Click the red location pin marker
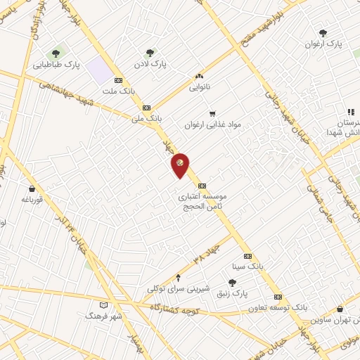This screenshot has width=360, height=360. (x=181, y=164)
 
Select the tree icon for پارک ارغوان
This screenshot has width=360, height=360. (x=323, y=32)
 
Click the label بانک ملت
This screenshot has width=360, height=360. (x=117, y=91)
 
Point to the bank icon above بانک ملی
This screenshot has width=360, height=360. (x=146, y=108)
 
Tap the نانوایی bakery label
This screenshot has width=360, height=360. (x=199, y=88)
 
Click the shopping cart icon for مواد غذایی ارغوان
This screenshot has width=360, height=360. (x=212, y=113)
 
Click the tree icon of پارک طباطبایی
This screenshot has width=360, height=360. (x=56, y=53)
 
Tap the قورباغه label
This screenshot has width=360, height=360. (x=32, y=199)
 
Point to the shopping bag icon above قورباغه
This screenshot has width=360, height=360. (x=32, y=188)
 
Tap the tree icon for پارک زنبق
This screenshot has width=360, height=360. (x=232, y=282)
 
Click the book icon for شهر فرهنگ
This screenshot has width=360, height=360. (x=104, y=305)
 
